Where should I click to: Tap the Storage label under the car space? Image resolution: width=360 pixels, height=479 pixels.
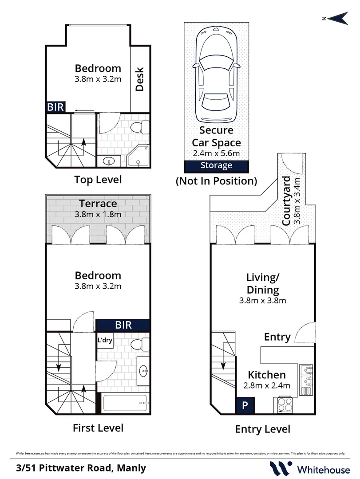click(x=216, y=165)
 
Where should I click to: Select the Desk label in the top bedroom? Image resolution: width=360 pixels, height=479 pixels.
click(x=140, y=79)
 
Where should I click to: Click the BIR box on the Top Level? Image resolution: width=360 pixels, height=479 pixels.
click(x=56, y=106)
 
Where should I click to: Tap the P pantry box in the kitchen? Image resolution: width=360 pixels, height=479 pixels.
click(x=244, y=404)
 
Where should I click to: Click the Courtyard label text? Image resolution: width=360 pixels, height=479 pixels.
click(x=287, y=200)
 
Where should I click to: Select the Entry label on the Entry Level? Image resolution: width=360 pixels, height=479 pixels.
click(x=277, y=337)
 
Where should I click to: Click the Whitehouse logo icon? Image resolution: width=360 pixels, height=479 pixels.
click(x=281, y=467)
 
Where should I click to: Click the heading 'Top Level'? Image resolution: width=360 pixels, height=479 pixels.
click(x=98, y=180)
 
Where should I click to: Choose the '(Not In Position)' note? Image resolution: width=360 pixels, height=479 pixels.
click(x=216, y=181)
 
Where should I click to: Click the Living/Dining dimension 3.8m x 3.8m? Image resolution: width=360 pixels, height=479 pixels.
click(x=263, y=300)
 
